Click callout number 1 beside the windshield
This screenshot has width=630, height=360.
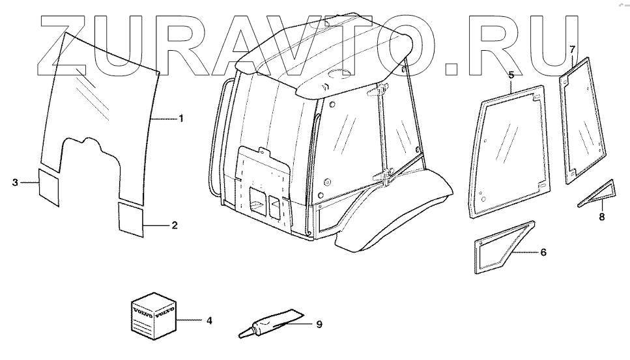pos(181,118)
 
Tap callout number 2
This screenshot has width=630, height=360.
pos(175,225)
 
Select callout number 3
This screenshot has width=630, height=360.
pos(15,183)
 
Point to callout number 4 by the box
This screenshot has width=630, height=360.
pos(209,321)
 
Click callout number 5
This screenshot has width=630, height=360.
pos(511,75)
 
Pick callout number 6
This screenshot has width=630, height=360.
pos(543,252)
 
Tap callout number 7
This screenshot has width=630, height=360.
pos(572,49)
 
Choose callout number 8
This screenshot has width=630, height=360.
pos(601,217)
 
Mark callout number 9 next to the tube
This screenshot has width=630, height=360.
pos(319,324)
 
